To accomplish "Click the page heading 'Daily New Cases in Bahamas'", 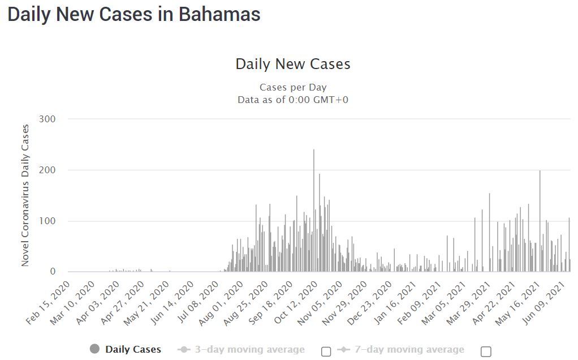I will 134,15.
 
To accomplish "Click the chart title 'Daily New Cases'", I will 293,64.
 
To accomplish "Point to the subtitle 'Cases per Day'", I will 293,88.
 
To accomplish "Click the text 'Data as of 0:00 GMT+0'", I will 293,100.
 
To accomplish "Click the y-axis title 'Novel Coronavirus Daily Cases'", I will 25,195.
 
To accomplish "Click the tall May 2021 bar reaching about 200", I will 540,221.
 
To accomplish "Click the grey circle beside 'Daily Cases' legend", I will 94,349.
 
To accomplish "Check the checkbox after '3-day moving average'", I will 326,352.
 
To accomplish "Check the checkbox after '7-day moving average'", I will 486,352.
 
